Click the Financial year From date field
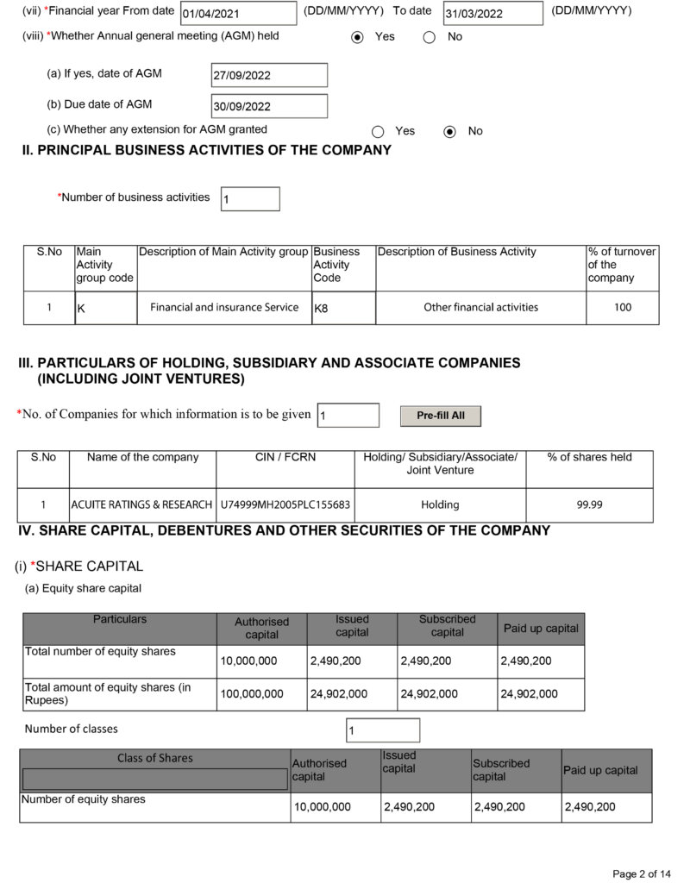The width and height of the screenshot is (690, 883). click(238, 13)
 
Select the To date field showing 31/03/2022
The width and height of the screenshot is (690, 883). click(492, 13)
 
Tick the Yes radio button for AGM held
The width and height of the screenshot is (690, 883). click(358, 37)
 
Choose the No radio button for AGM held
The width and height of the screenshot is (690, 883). click(429, 37)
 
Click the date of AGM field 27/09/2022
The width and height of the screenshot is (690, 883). click(269, 75)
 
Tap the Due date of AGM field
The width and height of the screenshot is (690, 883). click(269, 106)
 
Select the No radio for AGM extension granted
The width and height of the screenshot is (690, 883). click(449, 131)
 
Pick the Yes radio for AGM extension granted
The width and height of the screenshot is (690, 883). click(378, 131)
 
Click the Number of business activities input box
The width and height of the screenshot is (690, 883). click(250, 198)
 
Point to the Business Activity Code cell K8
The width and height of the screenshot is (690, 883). click(343, 308)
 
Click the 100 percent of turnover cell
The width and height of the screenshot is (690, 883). click(622, 307)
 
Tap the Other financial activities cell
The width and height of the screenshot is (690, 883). click(480, 307)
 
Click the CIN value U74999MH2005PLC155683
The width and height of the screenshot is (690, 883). click(285, 504)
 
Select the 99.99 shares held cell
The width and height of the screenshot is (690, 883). click(589, 504)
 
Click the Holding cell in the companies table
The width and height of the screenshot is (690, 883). click(440, 504)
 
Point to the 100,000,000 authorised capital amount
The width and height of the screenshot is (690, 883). click(251, 693)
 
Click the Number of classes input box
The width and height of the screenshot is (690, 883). click(382, 730)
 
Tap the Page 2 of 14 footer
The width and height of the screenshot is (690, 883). click(641, 874)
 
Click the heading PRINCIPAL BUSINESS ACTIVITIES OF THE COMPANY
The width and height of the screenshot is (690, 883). click(206, 150)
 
